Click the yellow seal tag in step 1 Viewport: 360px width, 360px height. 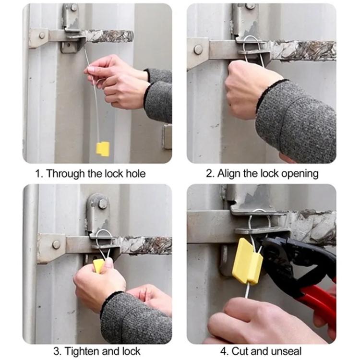tap(103, 149)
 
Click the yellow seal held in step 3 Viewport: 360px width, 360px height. tap(98, 265)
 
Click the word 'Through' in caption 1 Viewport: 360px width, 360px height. tap(65, 174)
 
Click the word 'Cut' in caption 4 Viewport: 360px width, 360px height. tap(240, 351)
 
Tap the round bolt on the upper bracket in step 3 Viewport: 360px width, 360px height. tap(102, 204)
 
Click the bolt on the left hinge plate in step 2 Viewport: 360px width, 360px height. tap(198, 49)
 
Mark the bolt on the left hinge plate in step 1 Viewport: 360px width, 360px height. tap(42, 36)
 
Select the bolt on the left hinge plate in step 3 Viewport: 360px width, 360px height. tap(56, 244)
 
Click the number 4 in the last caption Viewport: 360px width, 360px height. tap(223, 352)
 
